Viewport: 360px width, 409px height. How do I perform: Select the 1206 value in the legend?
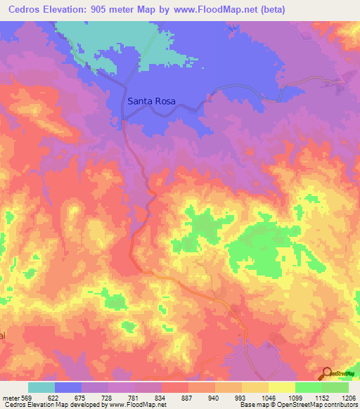pyautogui.click(x=349, y=397)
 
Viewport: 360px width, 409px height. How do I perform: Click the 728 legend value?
pyautogui.click(x=108, y=397)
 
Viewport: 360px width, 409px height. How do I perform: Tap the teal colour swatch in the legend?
pyautogui.click(x=41, y=387)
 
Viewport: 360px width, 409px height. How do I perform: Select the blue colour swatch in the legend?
pyautogui.click(x=68, y=387)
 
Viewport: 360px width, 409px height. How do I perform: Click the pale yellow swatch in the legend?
pyautogui.click(x=282, y=387)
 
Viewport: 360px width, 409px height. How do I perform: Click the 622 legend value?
pyautogui.click(x=53, y=397)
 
